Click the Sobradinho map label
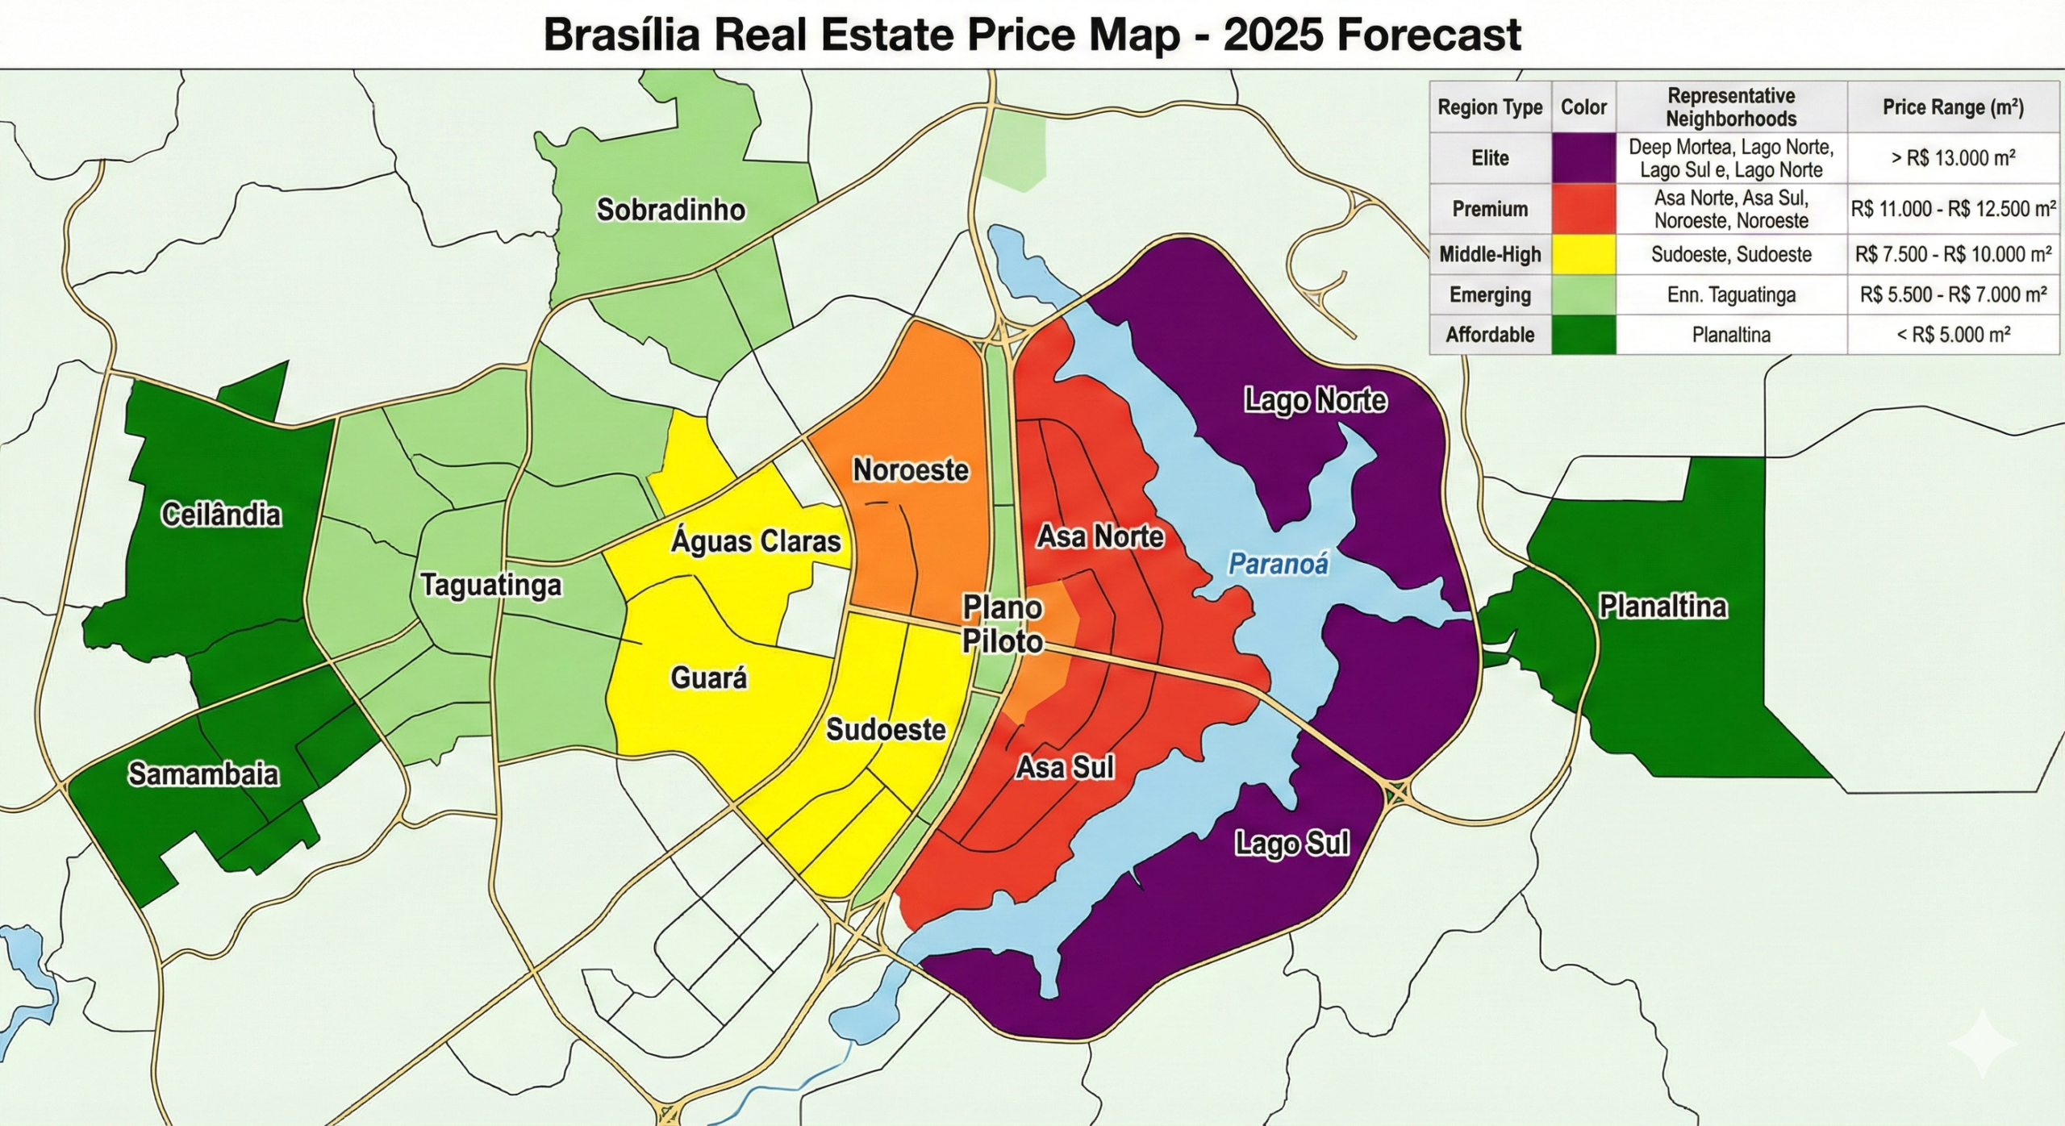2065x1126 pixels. point(670,211)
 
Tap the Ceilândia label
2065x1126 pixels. point(221,515)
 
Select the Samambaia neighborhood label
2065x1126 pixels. point(203,774)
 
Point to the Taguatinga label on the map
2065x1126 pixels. point(491,585)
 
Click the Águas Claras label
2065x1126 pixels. point(756,541)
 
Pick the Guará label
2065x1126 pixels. point(709,678)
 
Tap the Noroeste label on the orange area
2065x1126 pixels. point(911,470)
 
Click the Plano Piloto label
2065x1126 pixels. point(1003,624)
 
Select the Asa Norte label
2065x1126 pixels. point(1100,536)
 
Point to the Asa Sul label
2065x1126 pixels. point(1065,767)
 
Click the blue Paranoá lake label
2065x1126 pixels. point(1278,564)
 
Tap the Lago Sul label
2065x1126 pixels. point(1292,844)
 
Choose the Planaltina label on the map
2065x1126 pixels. point(1662,607)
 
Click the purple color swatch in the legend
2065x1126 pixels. point(1583,158)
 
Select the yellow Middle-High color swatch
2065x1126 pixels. point(1583,255)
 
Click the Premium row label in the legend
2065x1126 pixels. point(1490,210)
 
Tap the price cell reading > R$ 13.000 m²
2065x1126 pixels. point(1953,158)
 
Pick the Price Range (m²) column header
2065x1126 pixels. point(1953,107)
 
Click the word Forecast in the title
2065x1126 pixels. point(1428,35)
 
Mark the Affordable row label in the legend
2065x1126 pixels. point(1490,335)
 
